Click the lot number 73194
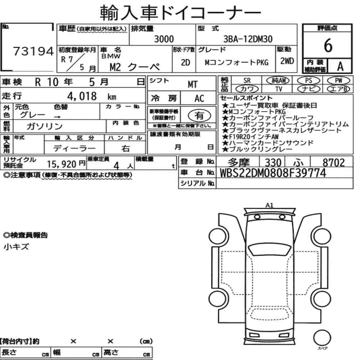point(33,51)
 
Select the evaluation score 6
point(328,45)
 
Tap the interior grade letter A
point(340,67)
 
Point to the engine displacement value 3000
point(164,39)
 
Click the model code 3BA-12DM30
point(248,39)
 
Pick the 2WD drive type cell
point(287,61)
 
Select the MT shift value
point(192,85)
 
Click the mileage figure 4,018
point(82,96)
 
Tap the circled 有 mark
point(199,116)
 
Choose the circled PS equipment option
point(309,81)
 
